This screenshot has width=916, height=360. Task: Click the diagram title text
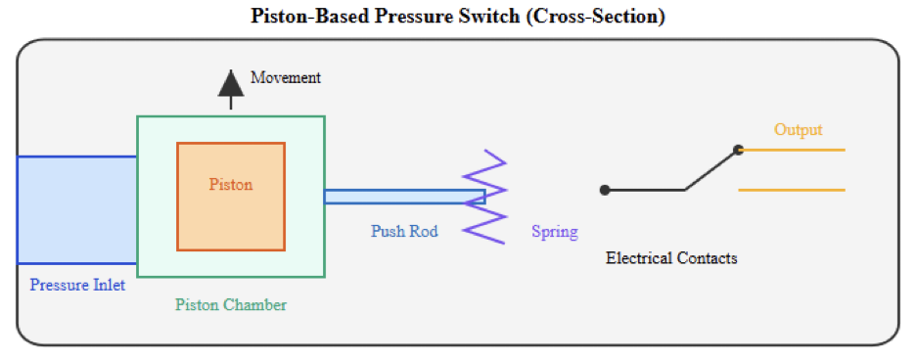coord(458,17)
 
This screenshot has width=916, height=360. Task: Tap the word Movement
coord(286,77)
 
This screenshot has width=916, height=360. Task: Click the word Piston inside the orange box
coord(231,184)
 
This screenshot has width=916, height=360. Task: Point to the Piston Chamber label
coord(231,304)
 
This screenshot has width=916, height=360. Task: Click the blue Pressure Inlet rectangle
coord(76,209)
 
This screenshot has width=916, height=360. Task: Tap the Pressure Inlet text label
coord(77,286)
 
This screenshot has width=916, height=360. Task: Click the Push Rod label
coord(404,232)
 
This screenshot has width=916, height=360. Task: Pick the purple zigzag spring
coord(486,196)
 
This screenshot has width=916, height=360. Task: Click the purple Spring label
coord(554,232)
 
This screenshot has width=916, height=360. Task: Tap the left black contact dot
coord(605,190)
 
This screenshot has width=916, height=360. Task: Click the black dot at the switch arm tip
coord(739,150)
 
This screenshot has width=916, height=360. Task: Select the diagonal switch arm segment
coord(710,170)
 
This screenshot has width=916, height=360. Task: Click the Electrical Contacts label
coord(671,258)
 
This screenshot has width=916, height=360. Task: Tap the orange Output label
coord(798,129)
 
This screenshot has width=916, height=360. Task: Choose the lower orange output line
coord(791,190)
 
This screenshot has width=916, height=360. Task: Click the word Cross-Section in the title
coord(596,17)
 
